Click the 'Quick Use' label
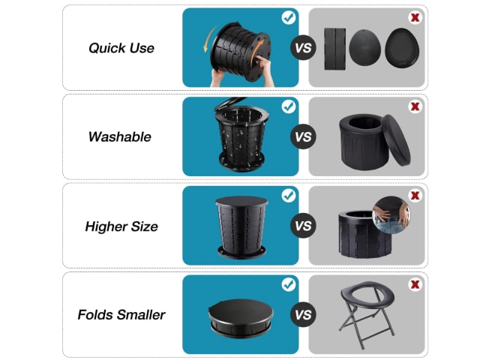click(121, 48)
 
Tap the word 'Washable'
click(120, 136)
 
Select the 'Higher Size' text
click(121, 226)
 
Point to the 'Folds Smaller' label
click(121, 315)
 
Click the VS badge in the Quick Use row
click(303, 48)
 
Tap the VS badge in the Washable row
click(303, 136)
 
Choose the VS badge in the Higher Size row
click(303, 226)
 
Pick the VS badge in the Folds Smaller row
click(303, 314)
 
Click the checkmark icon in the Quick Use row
click(289, 17)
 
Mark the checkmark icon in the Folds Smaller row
click(289, 285)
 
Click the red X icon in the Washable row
click(415, 106)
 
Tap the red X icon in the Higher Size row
click(415, 195)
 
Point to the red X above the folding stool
click(415, 284)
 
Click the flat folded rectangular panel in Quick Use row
click(335, 49)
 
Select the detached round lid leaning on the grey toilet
click(396, 140)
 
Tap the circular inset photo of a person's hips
click(391, 215)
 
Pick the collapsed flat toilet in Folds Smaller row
click(241, 318)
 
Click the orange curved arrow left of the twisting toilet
click(209, 39)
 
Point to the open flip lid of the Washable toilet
click(229, 103)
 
